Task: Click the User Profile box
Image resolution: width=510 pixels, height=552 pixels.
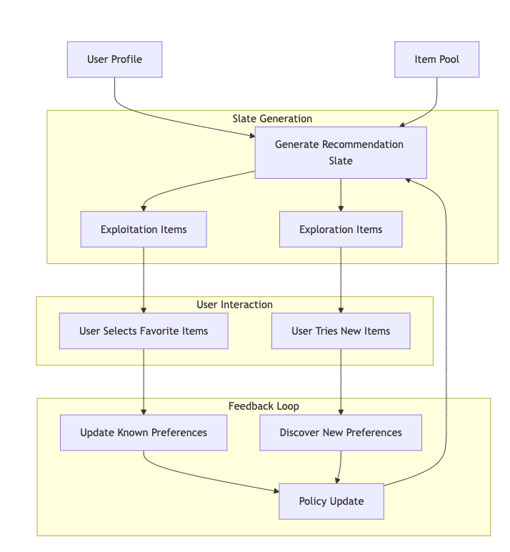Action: tap(114, 59)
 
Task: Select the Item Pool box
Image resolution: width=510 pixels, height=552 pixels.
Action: tap(436, 59)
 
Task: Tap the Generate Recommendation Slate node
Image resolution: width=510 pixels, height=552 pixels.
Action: tap(340, 152)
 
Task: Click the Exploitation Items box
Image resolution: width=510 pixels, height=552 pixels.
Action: tap(144, 230)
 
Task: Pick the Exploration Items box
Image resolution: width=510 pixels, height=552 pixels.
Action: tap(340, 230)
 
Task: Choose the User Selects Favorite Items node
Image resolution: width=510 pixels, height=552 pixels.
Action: tap(144, 331)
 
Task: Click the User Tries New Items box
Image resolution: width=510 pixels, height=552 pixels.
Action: tap(340, 331)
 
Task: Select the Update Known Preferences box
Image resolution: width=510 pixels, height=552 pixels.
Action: tap(144, 433)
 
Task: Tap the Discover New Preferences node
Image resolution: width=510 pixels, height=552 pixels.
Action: tap(340, 433)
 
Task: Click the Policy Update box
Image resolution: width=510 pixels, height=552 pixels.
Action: tap(331, 501)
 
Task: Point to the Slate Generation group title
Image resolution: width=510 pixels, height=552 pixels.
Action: tap(272, 119)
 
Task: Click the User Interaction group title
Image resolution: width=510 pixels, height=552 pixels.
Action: tap(234, 305)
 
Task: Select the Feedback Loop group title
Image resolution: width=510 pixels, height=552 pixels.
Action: tap(264, 406)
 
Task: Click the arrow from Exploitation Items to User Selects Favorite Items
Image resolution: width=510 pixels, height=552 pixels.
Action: tap(144, 279)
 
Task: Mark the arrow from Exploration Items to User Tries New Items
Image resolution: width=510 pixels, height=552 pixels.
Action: tap(341, 279)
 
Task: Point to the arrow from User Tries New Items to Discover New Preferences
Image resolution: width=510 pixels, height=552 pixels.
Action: tap(341, 382)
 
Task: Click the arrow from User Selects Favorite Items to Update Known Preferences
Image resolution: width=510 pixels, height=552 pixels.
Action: tap(144, 382)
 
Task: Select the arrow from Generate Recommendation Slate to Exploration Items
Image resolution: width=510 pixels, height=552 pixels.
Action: tap(341, 194)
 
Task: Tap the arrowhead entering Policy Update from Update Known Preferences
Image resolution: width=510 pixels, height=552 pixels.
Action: tap(275, 491)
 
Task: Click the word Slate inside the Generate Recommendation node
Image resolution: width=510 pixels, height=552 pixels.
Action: tap(340, 161)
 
